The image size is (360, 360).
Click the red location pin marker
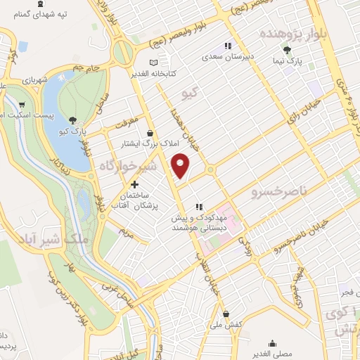click(181, 166)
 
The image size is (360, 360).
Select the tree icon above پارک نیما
click(287, 49)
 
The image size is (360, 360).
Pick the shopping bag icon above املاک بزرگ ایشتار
click(148, 132)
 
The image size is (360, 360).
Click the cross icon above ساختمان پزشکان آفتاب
click(134, 184)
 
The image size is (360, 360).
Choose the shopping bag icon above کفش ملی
click(225, 314)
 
